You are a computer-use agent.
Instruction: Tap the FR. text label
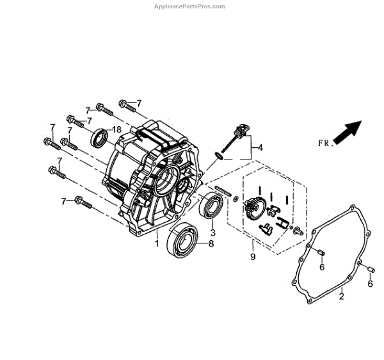pos(325,143)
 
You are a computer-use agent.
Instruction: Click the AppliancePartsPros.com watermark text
pos(189,6)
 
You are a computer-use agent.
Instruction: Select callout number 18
pos(116,129)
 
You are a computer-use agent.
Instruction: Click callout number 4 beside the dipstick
pos(260,147)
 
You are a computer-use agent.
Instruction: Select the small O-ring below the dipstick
pos(220,156)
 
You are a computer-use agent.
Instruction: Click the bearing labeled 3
pos(211,206)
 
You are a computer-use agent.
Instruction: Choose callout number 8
pos(211,244)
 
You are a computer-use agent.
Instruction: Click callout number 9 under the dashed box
pos(252,257)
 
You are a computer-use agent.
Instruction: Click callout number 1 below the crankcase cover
pos(156,243)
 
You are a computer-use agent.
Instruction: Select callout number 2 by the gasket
pos(341,296)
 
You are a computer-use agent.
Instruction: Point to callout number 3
pos(213,233)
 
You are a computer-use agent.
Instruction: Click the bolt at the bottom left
pos(83,202)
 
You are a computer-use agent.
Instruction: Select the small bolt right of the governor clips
pos(296,231)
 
